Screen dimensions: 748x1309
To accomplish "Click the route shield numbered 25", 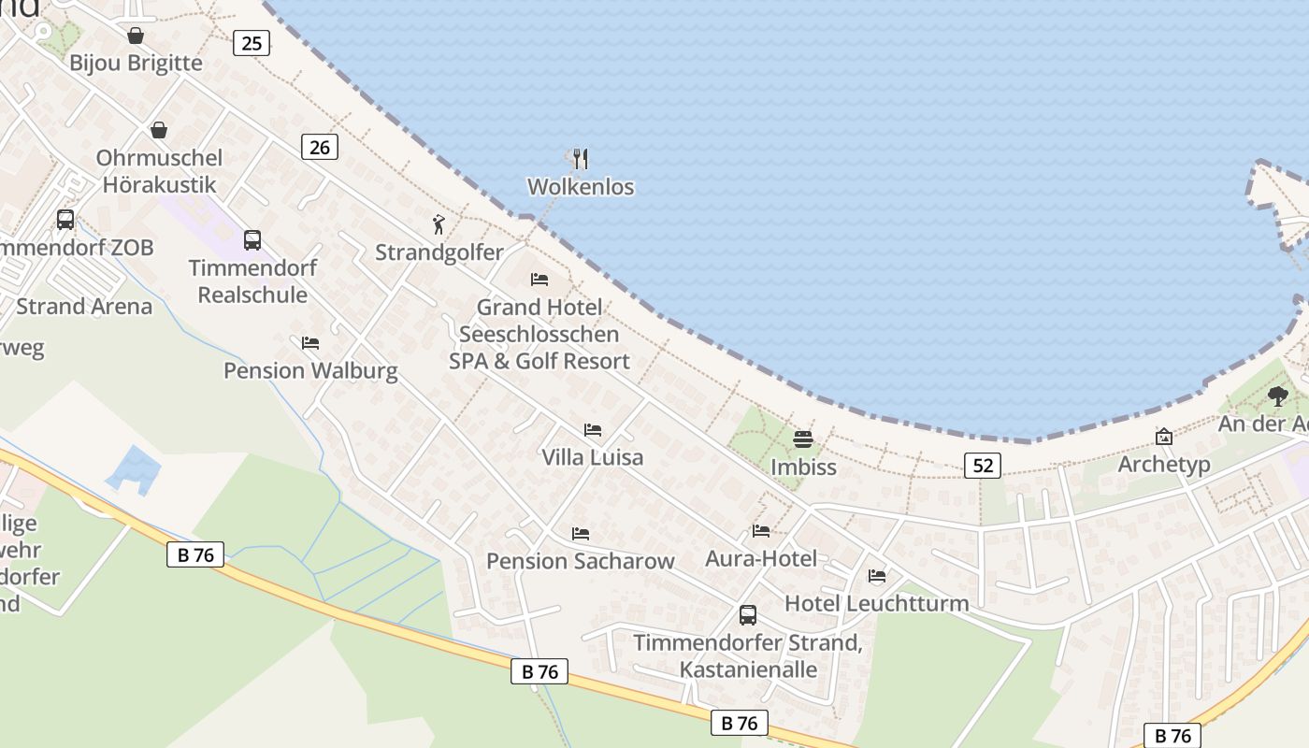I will pos(251,43).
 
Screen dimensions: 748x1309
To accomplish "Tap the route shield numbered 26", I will pos(320,147).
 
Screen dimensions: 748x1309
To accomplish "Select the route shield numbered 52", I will pos(982,465).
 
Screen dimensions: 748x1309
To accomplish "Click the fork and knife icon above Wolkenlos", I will pos(581,158).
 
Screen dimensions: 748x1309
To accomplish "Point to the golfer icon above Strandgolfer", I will pos(439,224).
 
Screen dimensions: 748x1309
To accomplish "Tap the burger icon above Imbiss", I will pos(803,439).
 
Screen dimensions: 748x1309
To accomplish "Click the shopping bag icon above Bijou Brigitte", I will pos(136,36).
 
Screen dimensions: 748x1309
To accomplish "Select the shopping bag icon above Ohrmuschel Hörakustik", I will pos(159,130).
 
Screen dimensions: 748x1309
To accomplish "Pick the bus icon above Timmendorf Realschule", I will pos(252,239).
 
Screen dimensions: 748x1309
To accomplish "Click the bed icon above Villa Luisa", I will pos(593,430).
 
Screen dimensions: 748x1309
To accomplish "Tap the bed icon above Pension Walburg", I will pos(310,343).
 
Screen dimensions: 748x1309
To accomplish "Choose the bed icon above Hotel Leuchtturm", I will pos(877,576).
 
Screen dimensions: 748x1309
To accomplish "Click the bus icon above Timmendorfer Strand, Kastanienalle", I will pos(748,615).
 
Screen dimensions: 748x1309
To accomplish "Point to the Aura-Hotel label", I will pos(761,559).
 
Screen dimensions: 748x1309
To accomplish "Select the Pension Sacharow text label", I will pos(580,561).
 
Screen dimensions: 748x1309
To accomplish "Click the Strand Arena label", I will pos(84,307).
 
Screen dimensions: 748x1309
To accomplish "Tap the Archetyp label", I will pos(1164,465).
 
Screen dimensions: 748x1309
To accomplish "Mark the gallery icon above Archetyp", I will pos(1164,437).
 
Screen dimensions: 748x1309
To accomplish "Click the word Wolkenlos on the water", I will pos(581,187).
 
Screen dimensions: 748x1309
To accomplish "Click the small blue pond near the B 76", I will pos(133,467).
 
